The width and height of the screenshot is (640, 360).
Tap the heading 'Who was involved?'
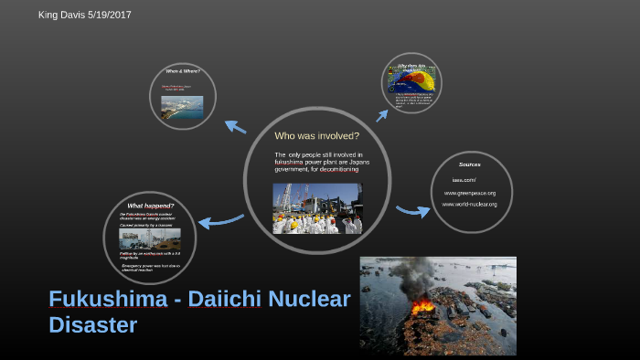tap(317, 135)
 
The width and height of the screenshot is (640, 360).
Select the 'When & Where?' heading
tap(182, 71)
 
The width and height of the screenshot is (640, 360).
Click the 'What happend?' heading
tap(150, 205)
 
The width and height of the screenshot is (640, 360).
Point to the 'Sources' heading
tap(469, 164)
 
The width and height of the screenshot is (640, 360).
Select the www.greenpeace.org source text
tap(469, 193)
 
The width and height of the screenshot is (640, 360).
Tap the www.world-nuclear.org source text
tap(469, 204)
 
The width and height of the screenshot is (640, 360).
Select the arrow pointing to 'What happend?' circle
tap(219, 220)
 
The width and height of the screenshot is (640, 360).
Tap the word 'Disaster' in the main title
tap(92, 324)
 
